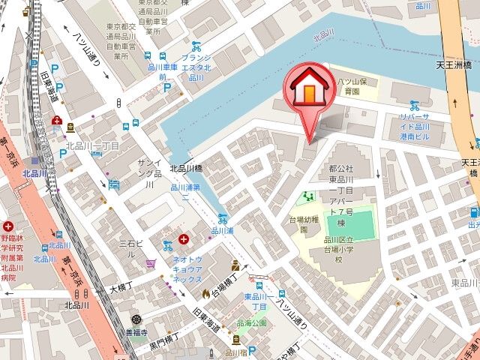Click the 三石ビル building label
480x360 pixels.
click(x=121, y=248)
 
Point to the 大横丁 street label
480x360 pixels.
click(x=120, y=287)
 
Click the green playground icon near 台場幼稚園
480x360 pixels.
click(x=308, y=198)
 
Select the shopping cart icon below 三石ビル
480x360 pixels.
click(x=151, y=263)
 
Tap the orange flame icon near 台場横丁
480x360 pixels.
click(x=207, y=292)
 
